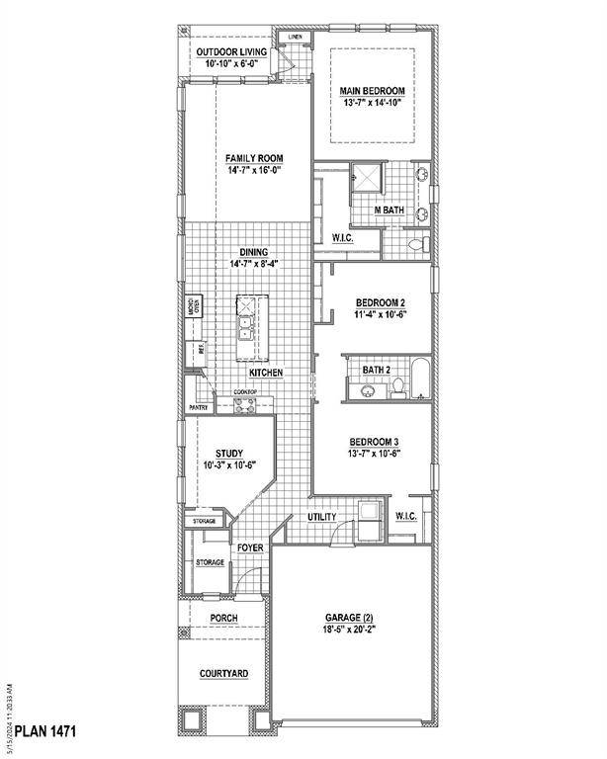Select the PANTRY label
[197, 407]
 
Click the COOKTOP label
[246, 392]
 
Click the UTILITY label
[321, 517]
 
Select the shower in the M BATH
[368, 178]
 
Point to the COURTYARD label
[223, 673]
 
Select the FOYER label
[249, 548]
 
